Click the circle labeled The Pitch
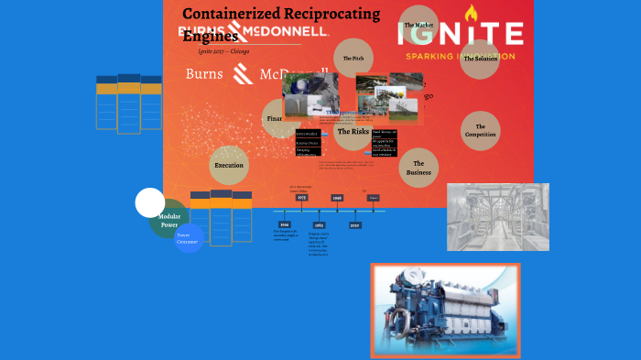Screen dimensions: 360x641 pos(353,58)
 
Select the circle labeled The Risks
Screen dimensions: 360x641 pos(353,132)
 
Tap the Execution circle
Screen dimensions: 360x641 pos(229,166)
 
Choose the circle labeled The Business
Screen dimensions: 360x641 pos(418,167)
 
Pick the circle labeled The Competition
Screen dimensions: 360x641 pos(480,130)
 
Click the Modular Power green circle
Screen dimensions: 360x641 pos(168,220)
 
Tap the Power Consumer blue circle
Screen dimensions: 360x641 pos(189,238)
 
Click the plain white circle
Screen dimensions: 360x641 pos(149,202)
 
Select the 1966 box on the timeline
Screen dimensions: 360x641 pos(285,224)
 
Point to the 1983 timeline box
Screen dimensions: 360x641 pos(319,224)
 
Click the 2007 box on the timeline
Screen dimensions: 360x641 pos(354,224)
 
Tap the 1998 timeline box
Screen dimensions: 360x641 pos(337,198)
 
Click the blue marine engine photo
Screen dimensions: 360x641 pos(445,310)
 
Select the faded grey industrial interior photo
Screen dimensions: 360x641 pos(497,217)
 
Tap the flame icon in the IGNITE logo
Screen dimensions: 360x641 pos(472,14)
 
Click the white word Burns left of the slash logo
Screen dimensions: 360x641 pos(202,73)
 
